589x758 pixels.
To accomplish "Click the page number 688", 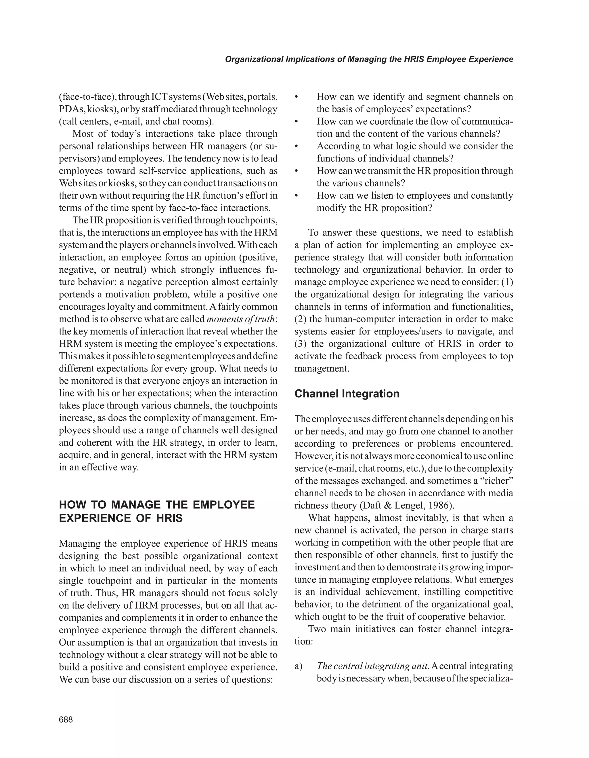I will tap(66, 719).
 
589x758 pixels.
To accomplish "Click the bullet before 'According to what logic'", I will tap(297, 147).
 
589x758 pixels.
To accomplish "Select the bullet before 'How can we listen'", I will tap(297, 196).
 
